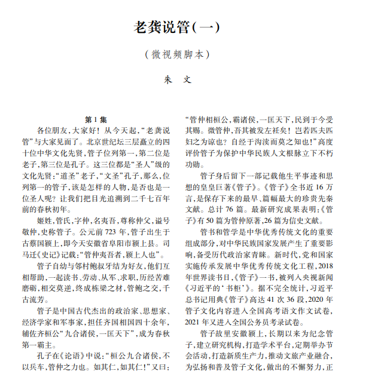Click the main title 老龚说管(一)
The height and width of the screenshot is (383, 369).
point(184,27)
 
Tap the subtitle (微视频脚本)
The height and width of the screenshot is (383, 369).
point(184,54)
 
